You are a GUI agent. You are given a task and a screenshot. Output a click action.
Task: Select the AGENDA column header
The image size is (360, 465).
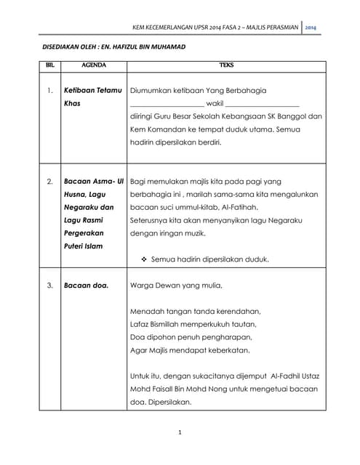tap(93, 65)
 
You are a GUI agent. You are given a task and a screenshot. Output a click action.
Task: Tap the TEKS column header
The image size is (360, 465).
tap(226, 65)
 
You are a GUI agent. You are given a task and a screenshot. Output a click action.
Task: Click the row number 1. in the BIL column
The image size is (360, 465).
tap(49, 91)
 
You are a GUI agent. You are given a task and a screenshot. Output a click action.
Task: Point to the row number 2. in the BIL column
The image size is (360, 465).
tap(49, 181)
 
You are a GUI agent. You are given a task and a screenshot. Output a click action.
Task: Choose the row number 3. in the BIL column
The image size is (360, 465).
tap(49, 285)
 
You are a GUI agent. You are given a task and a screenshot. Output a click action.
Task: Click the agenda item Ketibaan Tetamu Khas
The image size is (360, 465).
tap(92, 97)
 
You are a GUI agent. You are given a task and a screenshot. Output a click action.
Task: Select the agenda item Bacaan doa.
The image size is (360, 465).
tap(86, 285)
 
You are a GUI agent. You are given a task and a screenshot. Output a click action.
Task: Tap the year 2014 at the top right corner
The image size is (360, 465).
tap(311, 28)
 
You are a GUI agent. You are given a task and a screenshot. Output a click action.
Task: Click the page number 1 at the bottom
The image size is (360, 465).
tap(180, 433)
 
